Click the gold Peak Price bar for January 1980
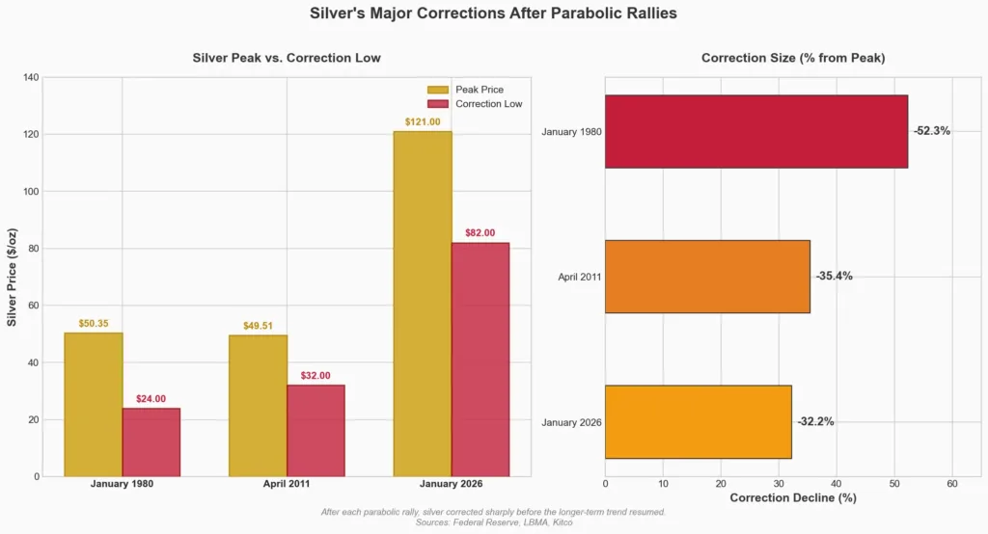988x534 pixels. click(94, 404)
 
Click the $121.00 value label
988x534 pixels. click(423, 122)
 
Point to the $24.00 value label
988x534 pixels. click(151, 399)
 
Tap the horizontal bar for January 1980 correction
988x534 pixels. click(755, 131)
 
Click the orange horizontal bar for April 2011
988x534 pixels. click(707, 277)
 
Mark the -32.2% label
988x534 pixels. click(815, 422)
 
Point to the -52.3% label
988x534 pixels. click(931, 131)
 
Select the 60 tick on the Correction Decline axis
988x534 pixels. click(952, 484)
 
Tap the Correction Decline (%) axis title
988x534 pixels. click(793, 498)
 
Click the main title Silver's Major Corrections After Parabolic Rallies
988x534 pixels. click(493, 13)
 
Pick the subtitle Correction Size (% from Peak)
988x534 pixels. click(793, 58)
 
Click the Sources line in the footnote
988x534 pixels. click(493, 521)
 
